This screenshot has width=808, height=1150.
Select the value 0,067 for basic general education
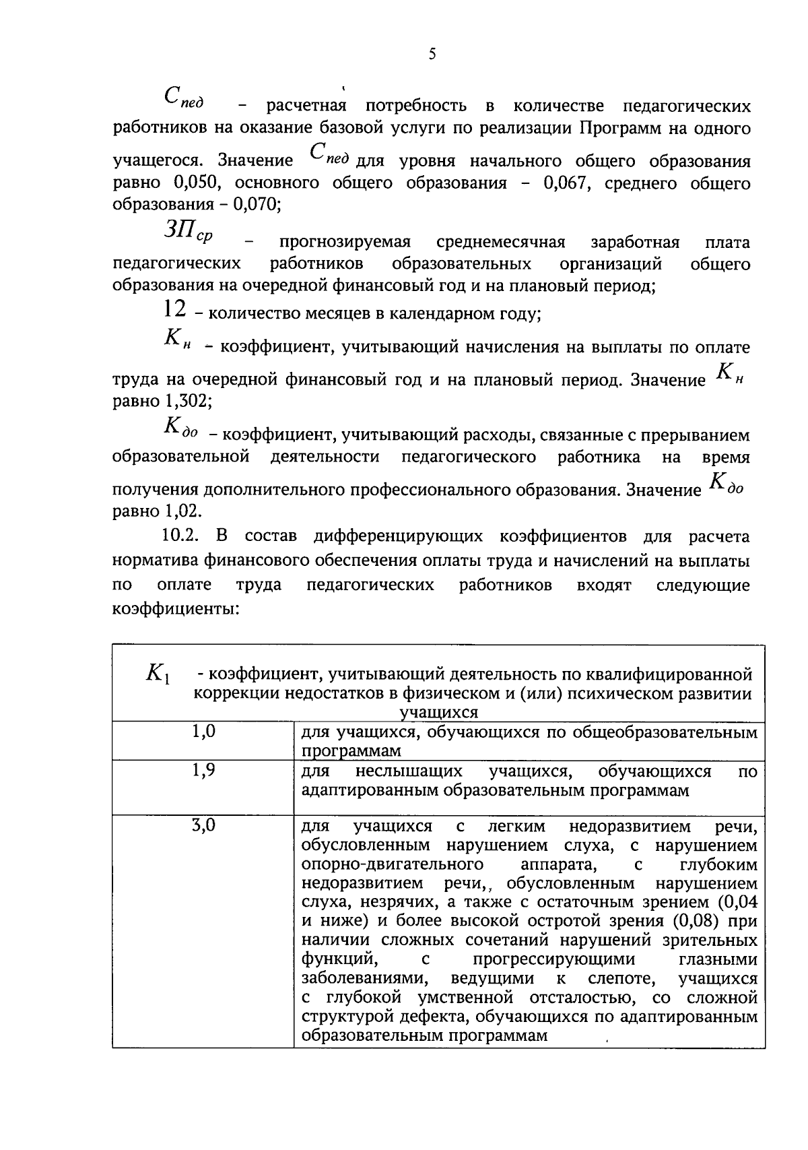(x=567, y=183)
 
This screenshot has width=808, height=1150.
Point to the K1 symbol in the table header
(x=158, y=673)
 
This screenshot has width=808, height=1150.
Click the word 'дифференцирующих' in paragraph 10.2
(x=398, y=536)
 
